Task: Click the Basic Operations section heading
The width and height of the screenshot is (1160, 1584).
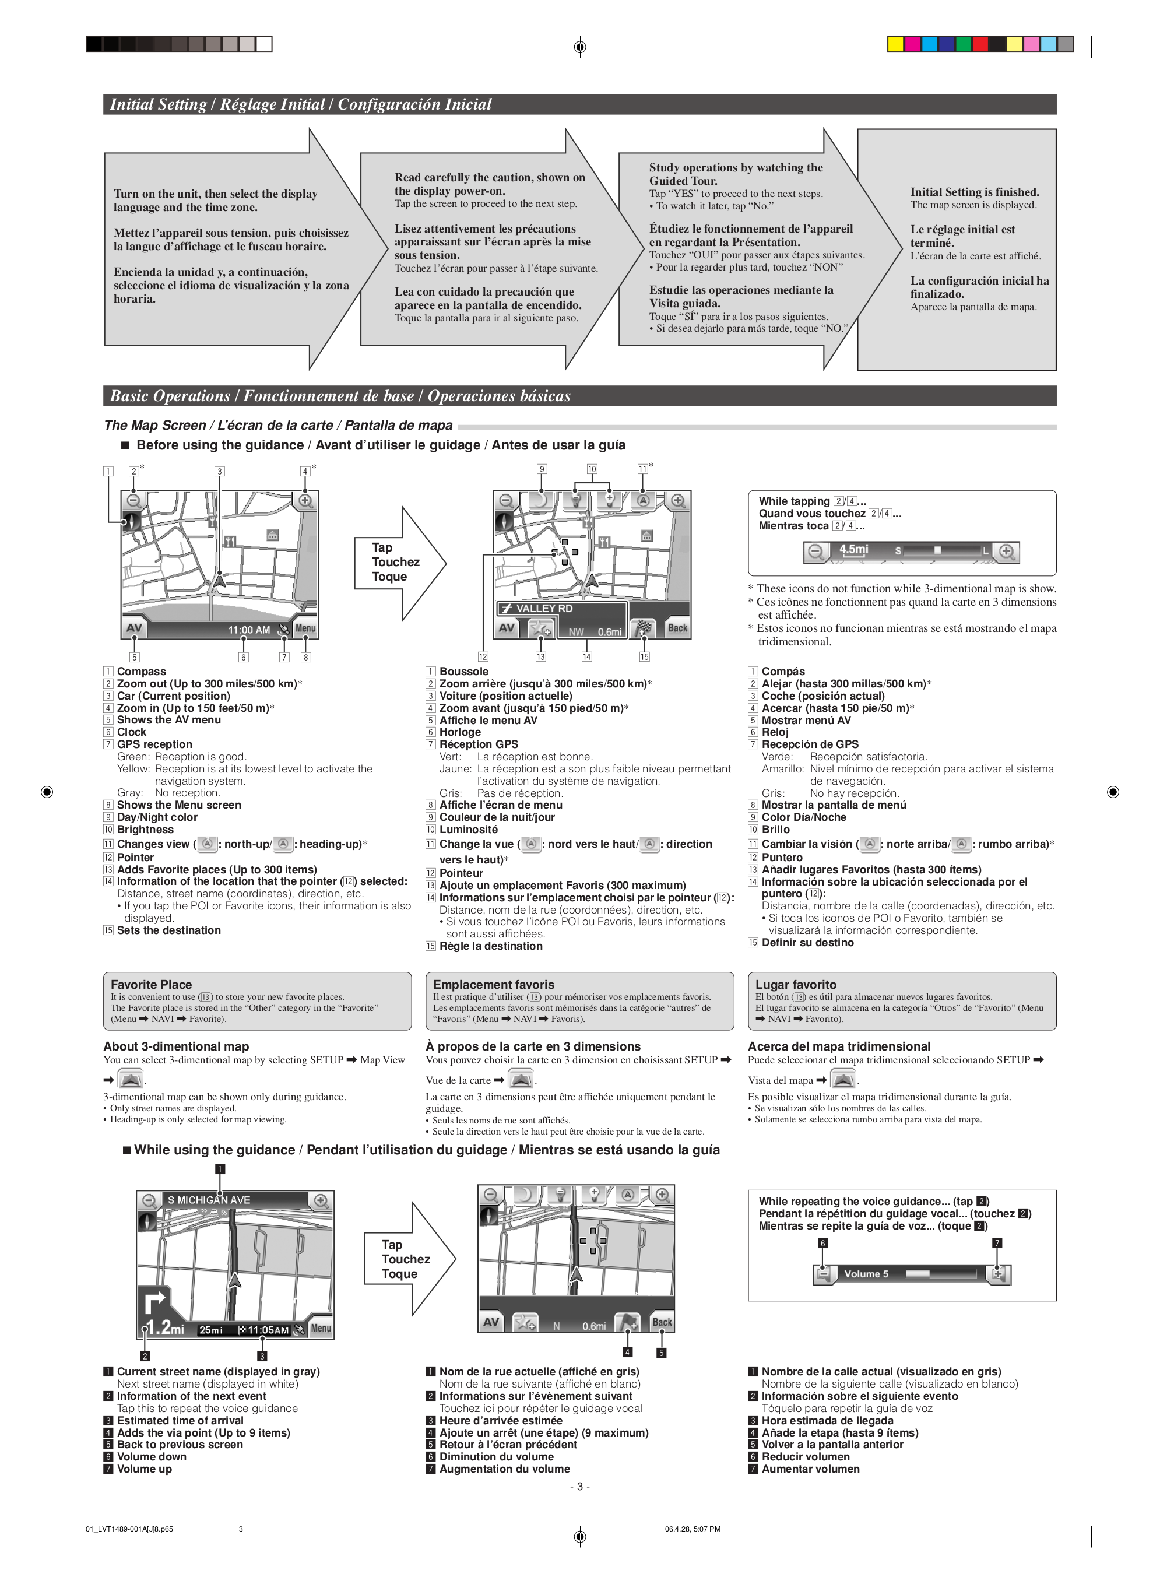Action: pos(340,395)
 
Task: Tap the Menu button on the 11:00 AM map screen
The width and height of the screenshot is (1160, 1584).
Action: pos(305,628)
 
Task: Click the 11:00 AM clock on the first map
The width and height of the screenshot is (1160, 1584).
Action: pos(248,630)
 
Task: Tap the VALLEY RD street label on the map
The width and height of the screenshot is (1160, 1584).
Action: pos(544,608)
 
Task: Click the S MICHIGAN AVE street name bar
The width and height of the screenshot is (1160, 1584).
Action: pos(209,1200)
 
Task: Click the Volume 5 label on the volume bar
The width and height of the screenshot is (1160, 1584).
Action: pos(866,1274)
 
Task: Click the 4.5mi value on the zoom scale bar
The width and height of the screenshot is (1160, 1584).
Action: pos(853,549)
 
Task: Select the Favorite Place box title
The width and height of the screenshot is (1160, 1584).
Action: pos(151,984)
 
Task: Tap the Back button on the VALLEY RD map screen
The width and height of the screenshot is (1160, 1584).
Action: pos(677,628)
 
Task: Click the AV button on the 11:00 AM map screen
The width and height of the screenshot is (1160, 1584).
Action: pos(134,628)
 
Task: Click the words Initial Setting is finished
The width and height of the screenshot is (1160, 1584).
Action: pos(974,192)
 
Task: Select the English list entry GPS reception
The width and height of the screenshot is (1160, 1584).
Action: pos(154,744)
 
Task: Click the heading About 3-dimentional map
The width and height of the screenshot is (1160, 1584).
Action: pos(175,1046)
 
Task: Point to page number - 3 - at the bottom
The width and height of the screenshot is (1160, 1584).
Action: pos(579,1487)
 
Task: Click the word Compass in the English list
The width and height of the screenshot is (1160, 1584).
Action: pos(141,671)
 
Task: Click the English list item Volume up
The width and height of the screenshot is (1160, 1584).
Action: pos(144,1469)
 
